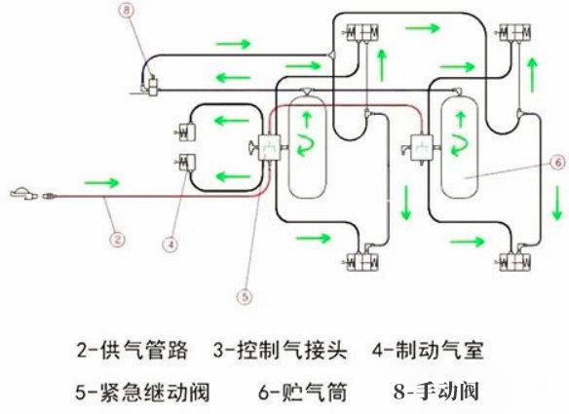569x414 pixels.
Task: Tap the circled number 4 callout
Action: coord(170,245)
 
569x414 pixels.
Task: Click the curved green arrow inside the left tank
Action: coord(305,141)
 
